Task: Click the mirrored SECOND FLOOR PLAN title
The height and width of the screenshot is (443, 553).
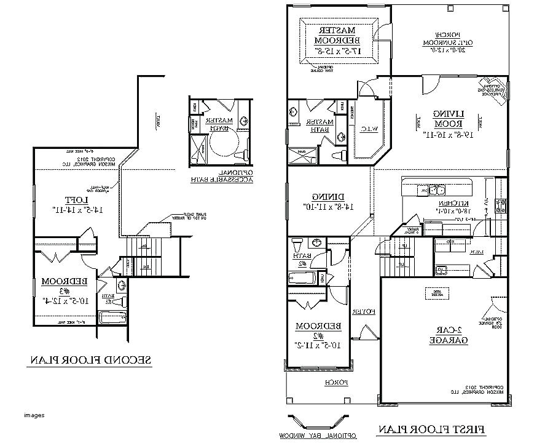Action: point(90,360)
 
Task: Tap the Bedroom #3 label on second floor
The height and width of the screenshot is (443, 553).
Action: point(63,291)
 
